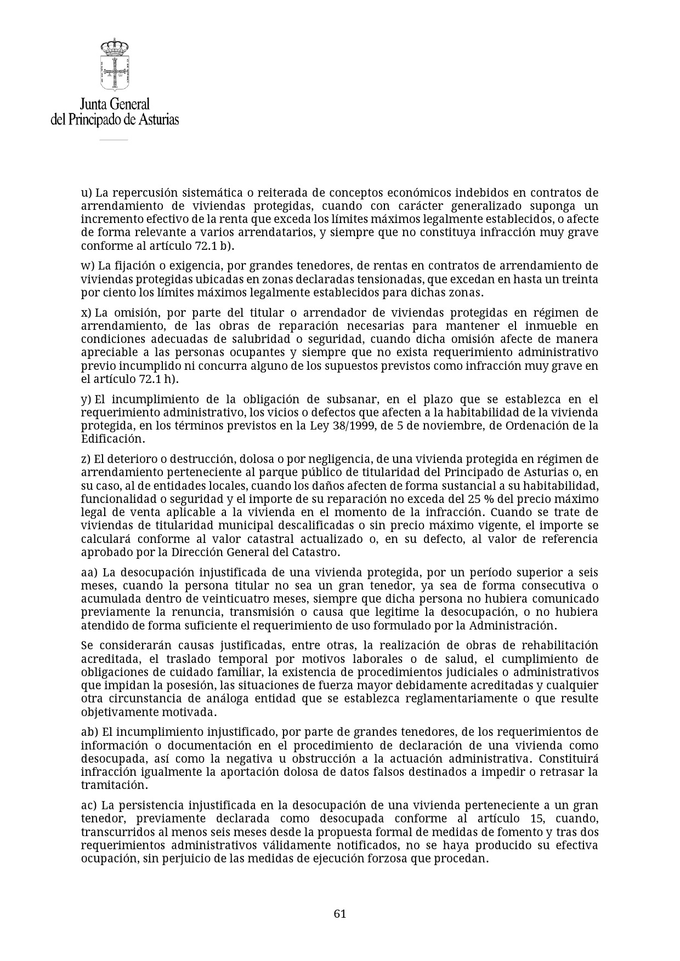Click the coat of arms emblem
[114, 65]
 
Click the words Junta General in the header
[115, 104]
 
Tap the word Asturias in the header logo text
[155, 119]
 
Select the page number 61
[340, 913]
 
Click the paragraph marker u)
[86, 193]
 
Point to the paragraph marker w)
[88, 266]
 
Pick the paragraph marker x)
[86, 313]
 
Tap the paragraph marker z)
[86, 459]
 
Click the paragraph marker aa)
[89, 573]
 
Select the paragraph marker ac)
[89, 805]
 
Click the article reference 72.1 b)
[214, 246]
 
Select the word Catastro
[317, 552]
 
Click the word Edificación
[113, 439]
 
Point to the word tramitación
[114, 785]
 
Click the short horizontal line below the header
[114, 140]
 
